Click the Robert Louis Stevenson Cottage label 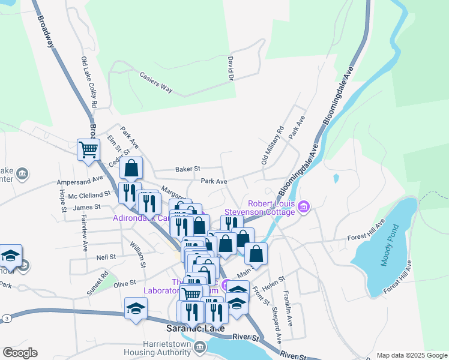[x=260, y=207]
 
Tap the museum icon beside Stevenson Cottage [x=304, y=207]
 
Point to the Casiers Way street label [x=155, y=82]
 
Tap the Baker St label [x=187, y=170]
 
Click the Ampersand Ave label [x=80, y=180]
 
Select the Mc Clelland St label [x=89, y=194]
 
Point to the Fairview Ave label [x=85, y=233]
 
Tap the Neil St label [x=106, y=257]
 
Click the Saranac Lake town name [x=195, y=329]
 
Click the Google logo [x=20, y=353]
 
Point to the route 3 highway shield [x=5, y=317]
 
